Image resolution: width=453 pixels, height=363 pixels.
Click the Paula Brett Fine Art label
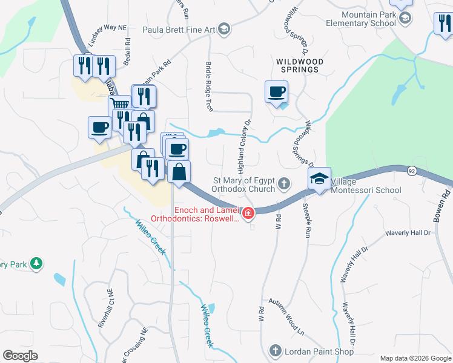pyautogui.click(x=179, y=29)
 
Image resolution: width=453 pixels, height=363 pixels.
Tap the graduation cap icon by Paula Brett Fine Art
pyautogui.click(x=223, y=29)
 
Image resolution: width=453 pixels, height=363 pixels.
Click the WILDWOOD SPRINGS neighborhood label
pyautogui.click(x=300, y=65)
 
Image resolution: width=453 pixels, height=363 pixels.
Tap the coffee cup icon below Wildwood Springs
pyautogui.click(x=276, y=93)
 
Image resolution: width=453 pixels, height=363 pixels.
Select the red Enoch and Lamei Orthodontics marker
pyautogui.click(x=248, y=213)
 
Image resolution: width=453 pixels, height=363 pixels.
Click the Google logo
pyautogui.click(x=20, y=356)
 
